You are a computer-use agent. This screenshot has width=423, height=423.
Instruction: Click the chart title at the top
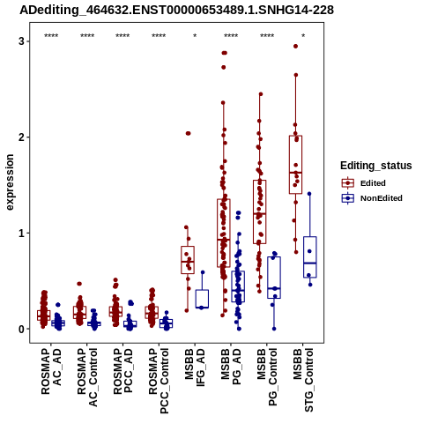point(176,10)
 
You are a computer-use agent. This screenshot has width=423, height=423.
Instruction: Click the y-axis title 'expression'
point(10,182)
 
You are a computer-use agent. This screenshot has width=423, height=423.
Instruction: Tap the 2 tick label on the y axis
point(21,137)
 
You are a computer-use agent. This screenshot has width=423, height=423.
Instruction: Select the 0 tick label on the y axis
point(21,329)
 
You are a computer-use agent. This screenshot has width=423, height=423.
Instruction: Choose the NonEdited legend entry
point(372,198)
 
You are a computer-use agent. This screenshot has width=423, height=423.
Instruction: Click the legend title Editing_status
point(376,166)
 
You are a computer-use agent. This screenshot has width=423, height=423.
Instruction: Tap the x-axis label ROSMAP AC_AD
point(51,371)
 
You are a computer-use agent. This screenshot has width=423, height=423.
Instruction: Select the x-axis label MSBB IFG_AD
point(195,367)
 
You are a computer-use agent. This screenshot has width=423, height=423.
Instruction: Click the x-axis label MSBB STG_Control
point(303,380)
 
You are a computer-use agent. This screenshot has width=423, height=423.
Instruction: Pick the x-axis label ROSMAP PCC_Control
point(159,381)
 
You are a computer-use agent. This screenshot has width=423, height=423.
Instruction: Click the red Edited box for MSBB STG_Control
point(295,165)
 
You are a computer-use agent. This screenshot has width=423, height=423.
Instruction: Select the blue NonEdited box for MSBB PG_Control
point(274,278)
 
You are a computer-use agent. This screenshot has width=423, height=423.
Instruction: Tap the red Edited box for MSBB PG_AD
point(224,233)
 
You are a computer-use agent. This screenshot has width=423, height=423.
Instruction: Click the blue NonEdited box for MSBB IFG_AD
point(202,299)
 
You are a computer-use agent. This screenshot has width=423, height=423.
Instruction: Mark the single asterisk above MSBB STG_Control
point(303,36)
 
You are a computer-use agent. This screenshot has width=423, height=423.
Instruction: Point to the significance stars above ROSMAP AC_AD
point(51,36)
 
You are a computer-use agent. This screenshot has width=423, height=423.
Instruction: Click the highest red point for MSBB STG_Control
point(296,46)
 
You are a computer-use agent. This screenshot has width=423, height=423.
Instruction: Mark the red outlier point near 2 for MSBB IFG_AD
point(188,133)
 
